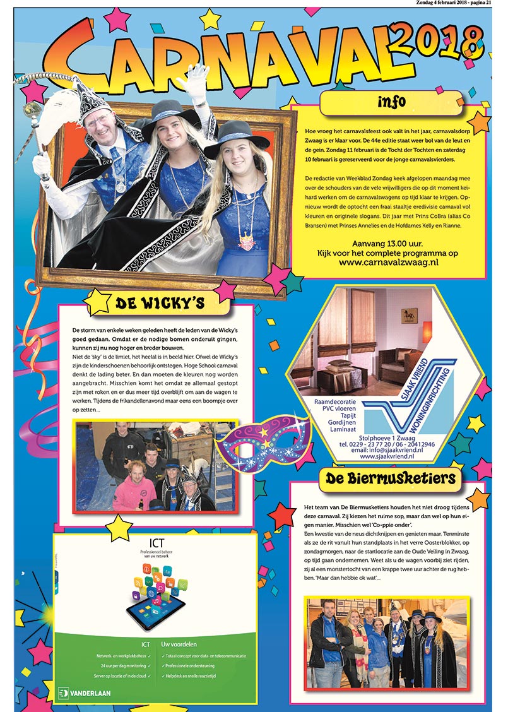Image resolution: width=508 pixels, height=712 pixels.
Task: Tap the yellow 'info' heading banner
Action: tap(391, 102)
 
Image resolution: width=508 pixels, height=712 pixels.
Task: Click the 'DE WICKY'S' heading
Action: tap(160, 304)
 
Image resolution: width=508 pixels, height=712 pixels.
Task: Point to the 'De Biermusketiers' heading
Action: tap(391, 478)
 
